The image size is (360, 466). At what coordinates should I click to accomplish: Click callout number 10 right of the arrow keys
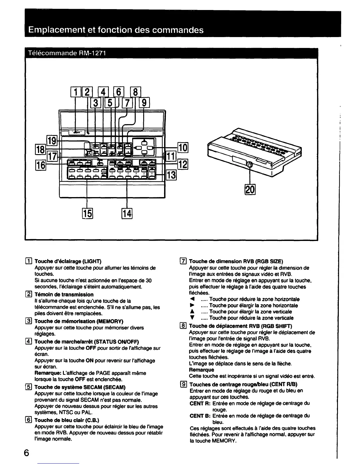click(x=183, y=147)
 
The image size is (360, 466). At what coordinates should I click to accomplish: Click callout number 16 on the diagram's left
click(x=41, y=164)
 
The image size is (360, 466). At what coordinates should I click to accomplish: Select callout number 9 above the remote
click(x=145, y=103)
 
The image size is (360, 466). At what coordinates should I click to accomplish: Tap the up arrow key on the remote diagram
click(x=144, y=142)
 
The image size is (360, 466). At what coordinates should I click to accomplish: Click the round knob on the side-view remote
click(x=249, y=165)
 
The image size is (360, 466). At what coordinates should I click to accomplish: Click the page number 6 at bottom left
click(x=26, y=453)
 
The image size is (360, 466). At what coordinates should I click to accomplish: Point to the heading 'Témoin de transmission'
click(x=64, y=294)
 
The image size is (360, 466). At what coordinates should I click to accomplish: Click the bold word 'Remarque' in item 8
click(x=201, y=370)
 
